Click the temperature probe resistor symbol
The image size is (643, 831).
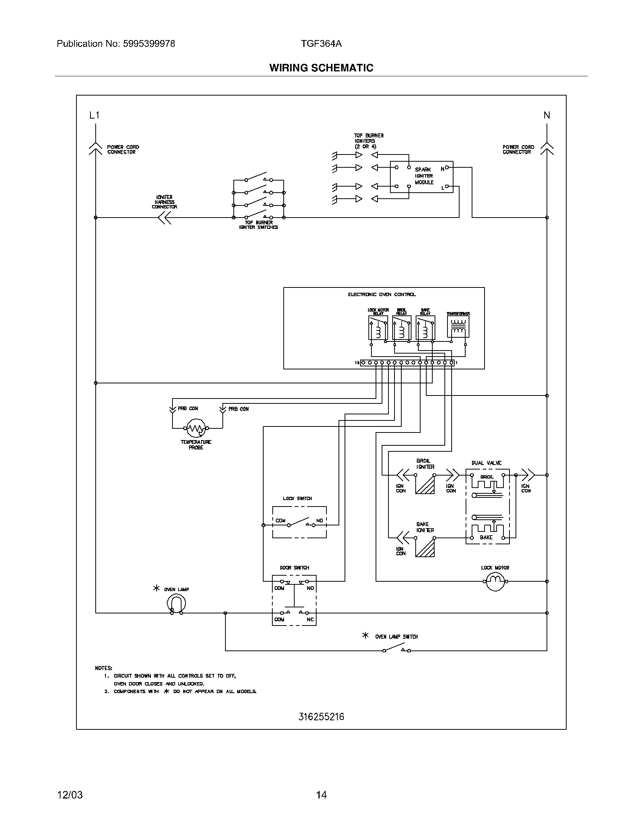[x=196, y=428]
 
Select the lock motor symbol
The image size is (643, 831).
[x=495, y=581]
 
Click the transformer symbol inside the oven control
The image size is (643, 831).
[x=458, y=327]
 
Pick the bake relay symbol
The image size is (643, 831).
[x=426, y=327]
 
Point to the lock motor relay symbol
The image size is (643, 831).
[x=378, y=327]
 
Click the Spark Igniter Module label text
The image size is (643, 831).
[x=424, y=176]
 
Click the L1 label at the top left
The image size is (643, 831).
[x=94, y=115]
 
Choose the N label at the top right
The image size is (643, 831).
[x=547, y=115]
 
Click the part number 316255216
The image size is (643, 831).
[x=321, y=717]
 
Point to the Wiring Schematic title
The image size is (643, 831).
[x=321, y=68]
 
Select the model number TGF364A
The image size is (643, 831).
[x=321, y=44]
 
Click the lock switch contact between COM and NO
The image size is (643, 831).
[x=301, y=522]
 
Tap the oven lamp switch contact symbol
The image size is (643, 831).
[x=396, y=648]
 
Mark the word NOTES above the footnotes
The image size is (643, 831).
[x=104, y=668]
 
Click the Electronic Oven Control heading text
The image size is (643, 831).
[x=382, y=295]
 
